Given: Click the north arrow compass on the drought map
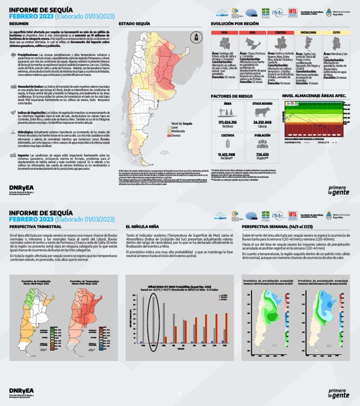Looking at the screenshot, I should pyautogui.click(x=196, y=38).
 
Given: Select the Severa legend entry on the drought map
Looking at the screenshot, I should pyautogui.click(x=176, y=136).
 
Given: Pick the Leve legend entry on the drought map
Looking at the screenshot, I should pyautogui.click(x=174, y=127).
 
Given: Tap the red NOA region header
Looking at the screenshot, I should pyautogui.click(x=225, y=33).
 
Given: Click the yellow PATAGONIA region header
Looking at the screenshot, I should pyautogui.click(x=308, y=33).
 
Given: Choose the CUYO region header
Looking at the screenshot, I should pyautogui.click(x=336, y=33).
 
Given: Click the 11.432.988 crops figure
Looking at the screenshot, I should pyautogui.click(x=227, y=154).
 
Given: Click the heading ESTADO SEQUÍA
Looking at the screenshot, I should pyautogui.click(x=135, y=23).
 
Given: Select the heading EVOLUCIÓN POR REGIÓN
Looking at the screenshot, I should pyautogui.click(x=235, y=23).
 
